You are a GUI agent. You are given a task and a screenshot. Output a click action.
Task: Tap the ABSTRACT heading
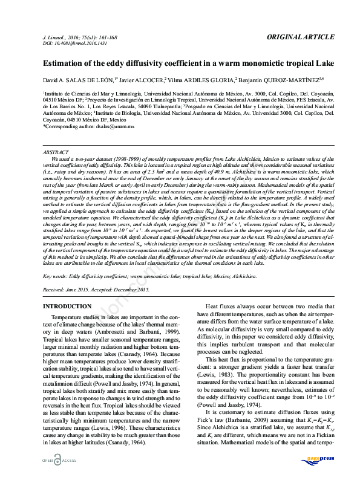56,152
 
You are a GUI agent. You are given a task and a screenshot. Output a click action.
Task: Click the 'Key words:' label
55,276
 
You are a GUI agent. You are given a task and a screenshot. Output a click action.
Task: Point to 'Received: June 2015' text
68,290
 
